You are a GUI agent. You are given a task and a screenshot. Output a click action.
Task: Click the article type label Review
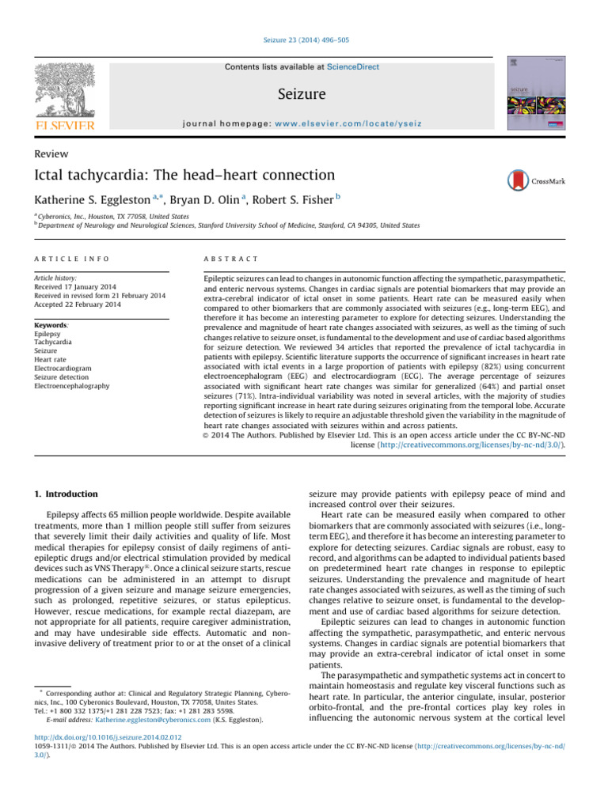[x=52, y=153]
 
